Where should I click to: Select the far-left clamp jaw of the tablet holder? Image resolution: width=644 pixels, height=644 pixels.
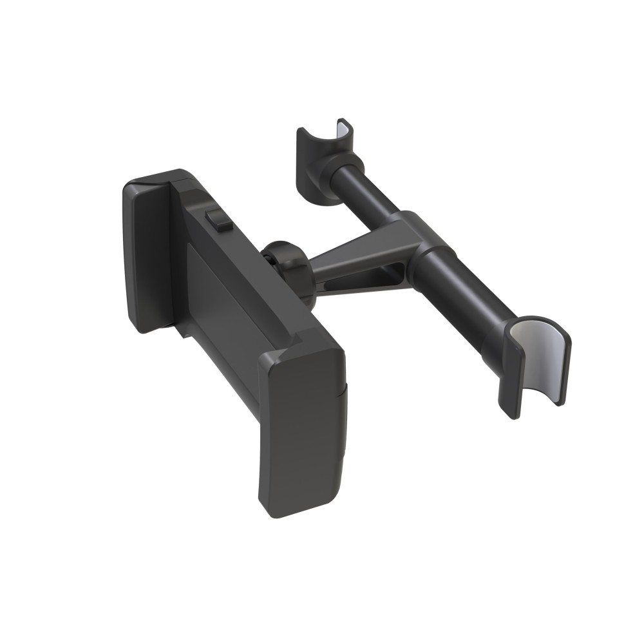[x=147, y=258]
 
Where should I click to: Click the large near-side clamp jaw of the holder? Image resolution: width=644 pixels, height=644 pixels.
[x=301, y=425]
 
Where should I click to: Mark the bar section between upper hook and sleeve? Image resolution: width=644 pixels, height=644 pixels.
[x=380, y=193]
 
